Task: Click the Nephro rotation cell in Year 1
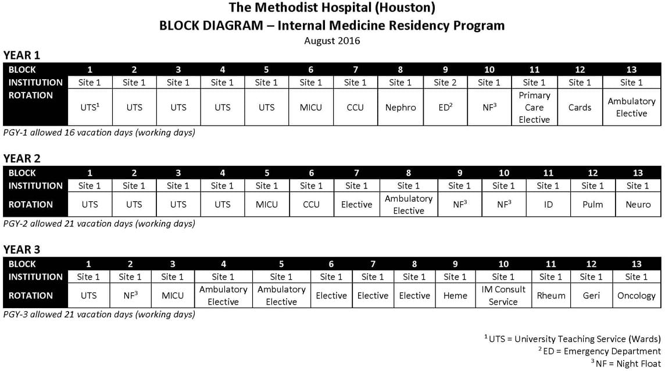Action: click(401, 108)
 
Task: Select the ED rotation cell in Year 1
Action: click(445, 108)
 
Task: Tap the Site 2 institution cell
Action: click(445, 83)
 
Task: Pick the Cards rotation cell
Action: click(580, 108)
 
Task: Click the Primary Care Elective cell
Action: click(534, 108)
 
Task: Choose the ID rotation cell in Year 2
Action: click(548, 205)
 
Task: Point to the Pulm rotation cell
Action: click(592, 205)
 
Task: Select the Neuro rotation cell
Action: click(638, 205)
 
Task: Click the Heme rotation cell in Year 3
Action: click(455, 295)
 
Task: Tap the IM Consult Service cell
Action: click(503, 295)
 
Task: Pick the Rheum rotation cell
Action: click(551, 295)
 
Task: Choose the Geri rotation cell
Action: click(591, 295)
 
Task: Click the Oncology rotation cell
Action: click(636, 295)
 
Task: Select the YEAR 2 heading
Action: click(22, 159)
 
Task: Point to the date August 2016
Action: click(332, 41)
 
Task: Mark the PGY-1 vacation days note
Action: click(99, 133)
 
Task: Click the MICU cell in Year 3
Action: click(172, 295)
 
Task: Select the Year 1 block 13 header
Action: click(631, 70)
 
